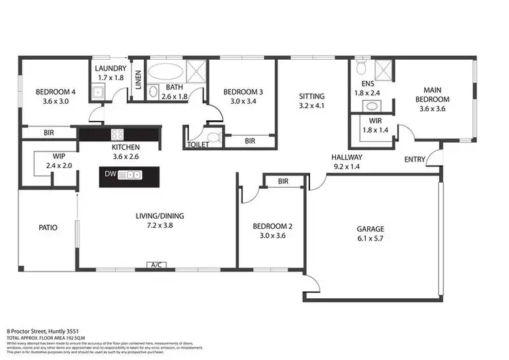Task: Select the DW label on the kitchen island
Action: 110,175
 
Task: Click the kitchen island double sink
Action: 129,175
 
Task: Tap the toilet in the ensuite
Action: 361,68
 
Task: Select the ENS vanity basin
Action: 371,105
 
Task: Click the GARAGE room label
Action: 370,229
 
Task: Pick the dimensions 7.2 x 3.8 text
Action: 161,226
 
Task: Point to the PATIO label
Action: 48,228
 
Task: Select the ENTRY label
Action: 415,160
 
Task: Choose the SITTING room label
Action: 312,96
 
